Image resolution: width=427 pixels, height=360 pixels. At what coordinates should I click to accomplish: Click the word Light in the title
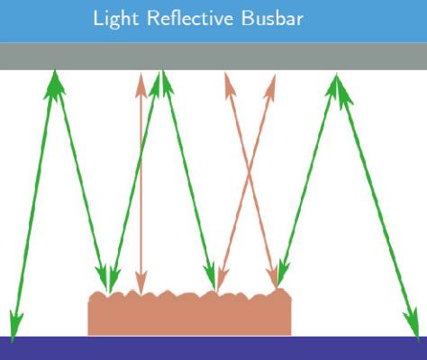(x=116, y=20)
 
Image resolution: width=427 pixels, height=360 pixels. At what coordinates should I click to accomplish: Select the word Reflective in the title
(x=190, y=18)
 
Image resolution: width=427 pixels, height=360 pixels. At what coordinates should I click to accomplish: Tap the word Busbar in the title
(x=272, y=18)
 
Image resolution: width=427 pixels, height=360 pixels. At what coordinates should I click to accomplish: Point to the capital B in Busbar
(x=247, y=18)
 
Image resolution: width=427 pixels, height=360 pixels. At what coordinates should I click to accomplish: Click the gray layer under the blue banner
(x=213, y=57)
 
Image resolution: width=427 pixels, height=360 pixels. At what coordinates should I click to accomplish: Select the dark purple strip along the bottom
(x=213, y=348)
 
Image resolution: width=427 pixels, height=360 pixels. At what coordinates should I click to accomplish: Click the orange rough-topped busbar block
(x=189, y=313)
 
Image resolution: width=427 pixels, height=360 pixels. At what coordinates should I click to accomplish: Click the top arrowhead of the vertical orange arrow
(x=141, y=85)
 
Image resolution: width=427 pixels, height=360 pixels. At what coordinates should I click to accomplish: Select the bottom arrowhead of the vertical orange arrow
(x=141, y=283)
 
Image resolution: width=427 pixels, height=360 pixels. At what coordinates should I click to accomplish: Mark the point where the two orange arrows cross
(x=249, y=174)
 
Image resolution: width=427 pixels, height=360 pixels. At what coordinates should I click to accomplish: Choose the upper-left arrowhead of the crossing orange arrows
(x=229, y=85)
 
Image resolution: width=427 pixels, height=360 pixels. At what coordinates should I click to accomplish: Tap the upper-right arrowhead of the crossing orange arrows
(x=270, y=86)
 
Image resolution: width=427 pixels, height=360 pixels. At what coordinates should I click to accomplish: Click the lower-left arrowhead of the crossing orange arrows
(x=222, y=278)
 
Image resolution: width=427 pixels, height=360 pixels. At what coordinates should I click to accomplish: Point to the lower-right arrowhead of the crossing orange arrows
(x=273, y=275)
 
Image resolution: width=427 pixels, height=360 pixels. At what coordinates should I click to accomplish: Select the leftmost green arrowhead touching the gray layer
(x=54, y=84)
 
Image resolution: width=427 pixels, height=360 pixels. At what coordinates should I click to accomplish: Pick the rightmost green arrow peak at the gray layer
(x=338, y=88)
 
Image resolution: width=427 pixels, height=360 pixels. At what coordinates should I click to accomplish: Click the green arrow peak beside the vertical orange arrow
(x=160, y=83)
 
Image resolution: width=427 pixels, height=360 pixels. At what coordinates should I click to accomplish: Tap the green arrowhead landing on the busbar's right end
(x=282, y=273)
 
